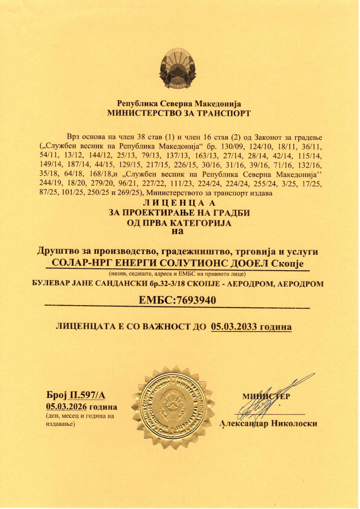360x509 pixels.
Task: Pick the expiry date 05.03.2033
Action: click(x=232, y=326)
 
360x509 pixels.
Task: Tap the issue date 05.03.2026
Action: click(x=66, y=406)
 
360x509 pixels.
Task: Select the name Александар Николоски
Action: click(x=268, y=424)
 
